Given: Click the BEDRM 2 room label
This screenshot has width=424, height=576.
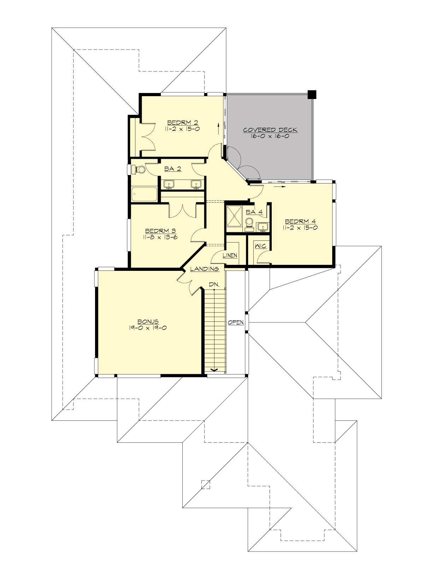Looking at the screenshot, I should click(x=182, y=123).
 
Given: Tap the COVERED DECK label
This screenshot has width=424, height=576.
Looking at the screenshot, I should click(x=270, y=130).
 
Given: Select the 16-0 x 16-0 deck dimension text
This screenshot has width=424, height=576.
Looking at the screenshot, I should click(x=270, y=136).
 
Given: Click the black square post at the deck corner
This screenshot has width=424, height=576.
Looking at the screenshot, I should click(x=312, y=94).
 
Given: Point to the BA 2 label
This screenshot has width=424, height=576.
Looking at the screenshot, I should click(x=173, y=169).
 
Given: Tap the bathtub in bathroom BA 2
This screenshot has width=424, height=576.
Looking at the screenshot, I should click(x=144, y=194).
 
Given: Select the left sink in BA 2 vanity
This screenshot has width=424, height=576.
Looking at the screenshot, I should click(x=169, y=184).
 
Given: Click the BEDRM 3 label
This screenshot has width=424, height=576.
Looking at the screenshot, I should click(x=160, y=231).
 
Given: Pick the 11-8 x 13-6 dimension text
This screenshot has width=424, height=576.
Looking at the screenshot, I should click(x=160, y=237).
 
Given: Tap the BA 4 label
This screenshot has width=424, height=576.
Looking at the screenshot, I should click(x=254, y=212).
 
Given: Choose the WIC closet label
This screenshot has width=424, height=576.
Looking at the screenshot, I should click(x=260, y=246).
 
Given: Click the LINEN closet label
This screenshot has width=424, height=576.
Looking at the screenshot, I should click(x=230, y=255).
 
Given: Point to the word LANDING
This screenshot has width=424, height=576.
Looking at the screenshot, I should click(x=205, y=269).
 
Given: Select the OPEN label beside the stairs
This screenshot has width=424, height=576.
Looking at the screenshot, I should click(x=236, y=322).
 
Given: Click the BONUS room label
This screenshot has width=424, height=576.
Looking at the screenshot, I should click(x=148, y=321).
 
